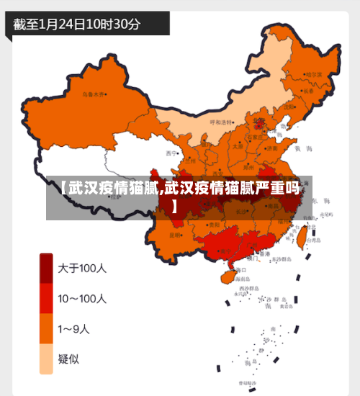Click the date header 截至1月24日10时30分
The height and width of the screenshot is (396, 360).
[77, 24]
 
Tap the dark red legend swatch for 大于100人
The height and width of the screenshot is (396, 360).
[46, 269]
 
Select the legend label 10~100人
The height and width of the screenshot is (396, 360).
[82, 298]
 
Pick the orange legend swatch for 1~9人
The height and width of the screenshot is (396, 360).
[46, 329]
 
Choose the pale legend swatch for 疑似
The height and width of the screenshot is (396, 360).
[46, 359]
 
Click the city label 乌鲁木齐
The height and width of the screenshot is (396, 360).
[94, 94]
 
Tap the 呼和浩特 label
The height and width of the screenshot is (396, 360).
[222, 122]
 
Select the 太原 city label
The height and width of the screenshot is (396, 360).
[238, 145]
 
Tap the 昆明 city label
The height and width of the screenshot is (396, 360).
[175, 235]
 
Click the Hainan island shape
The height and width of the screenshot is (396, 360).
[226, 274]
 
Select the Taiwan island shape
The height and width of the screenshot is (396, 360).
[301, 238]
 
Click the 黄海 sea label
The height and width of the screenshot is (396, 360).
[307, 148]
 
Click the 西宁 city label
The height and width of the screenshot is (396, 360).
[171, 153]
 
